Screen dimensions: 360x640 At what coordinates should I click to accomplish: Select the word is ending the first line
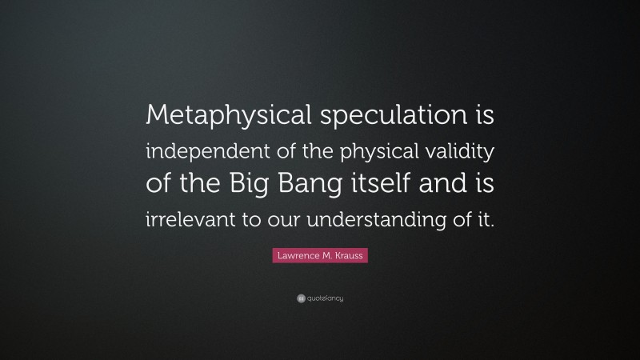point(485,118)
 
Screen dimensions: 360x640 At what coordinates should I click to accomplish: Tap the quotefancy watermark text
point(325,298)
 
